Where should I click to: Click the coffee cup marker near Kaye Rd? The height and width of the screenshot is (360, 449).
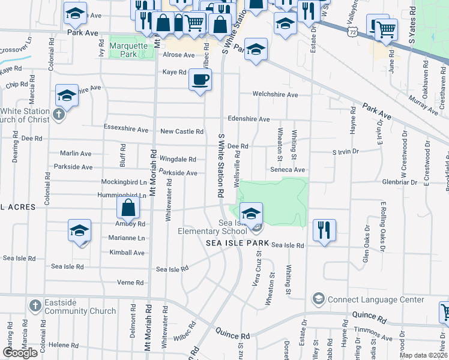[200, 79]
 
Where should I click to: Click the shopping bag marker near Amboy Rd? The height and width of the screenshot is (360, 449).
[128, 209]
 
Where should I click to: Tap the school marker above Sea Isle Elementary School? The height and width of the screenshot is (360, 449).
[252, 212]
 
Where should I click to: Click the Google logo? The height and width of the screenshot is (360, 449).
[20, 353]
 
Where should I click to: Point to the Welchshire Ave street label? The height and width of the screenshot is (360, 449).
[275, 95]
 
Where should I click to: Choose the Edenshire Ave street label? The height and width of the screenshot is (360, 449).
[248, 119]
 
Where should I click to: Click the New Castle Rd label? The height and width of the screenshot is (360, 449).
[182, 131]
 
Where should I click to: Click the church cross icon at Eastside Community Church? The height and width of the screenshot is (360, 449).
[35, 307]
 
